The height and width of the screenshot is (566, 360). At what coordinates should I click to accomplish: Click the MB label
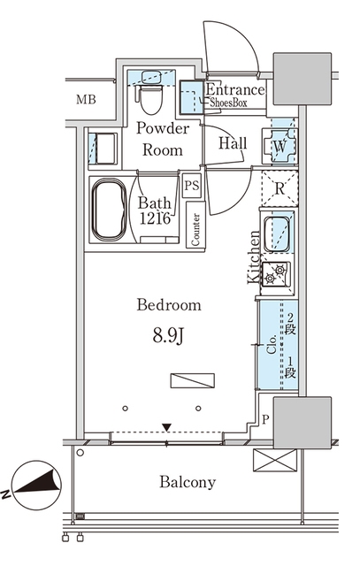(x=86, y=99)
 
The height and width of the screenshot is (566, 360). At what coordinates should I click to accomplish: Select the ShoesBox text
(x=228, y=103)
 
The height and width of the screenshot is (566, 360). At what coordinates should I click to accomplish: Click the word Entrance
(x=235, y=89)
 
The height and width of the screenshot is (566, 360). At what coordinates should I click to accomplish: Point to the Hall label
(x=233, y=143)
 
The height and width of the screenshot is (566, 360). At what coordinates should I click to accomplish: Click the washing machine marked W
(x=280, y=146)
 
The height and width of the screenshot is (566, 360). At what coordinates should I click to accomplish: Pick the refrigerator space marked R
(x=280, y=188)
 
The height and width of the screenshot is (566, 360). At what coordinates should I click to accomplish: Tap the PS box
(x=191, y=186)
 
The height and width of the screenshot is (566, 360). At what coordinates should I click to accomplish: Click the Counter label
(x=195, y=230)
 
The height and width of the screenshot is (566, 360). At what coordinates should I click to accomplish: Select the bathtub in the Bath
(x=109, y=210)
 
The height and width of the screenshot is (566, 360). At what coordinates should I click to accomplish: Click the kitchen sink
(x=277, y=233)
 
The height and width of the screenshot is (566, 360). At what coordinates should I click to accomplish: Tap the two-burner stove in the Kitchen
(x=276, y=274)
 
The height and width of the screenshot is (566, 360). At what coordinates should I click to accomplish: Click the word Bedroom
(x=169, y=305)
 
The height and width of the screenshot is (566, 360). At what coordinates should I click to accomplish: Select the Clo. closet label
(x=272, y=344)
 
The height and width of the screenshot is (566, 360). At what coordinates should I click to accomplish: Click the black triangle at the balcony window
(x=166, y=427)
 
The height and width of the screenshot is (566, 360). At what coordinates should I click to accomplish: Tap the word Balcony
(x=188, y=482)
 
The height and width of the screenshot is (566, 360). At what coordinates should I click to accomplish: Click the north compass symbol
(x=36, y=486)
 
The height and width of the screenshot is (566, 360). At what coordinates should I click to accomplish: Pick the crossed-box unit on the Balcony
(x=275, y=460)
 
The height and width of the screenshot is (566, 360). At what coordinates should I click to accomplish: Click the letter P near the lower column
(x=265, y=419)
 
